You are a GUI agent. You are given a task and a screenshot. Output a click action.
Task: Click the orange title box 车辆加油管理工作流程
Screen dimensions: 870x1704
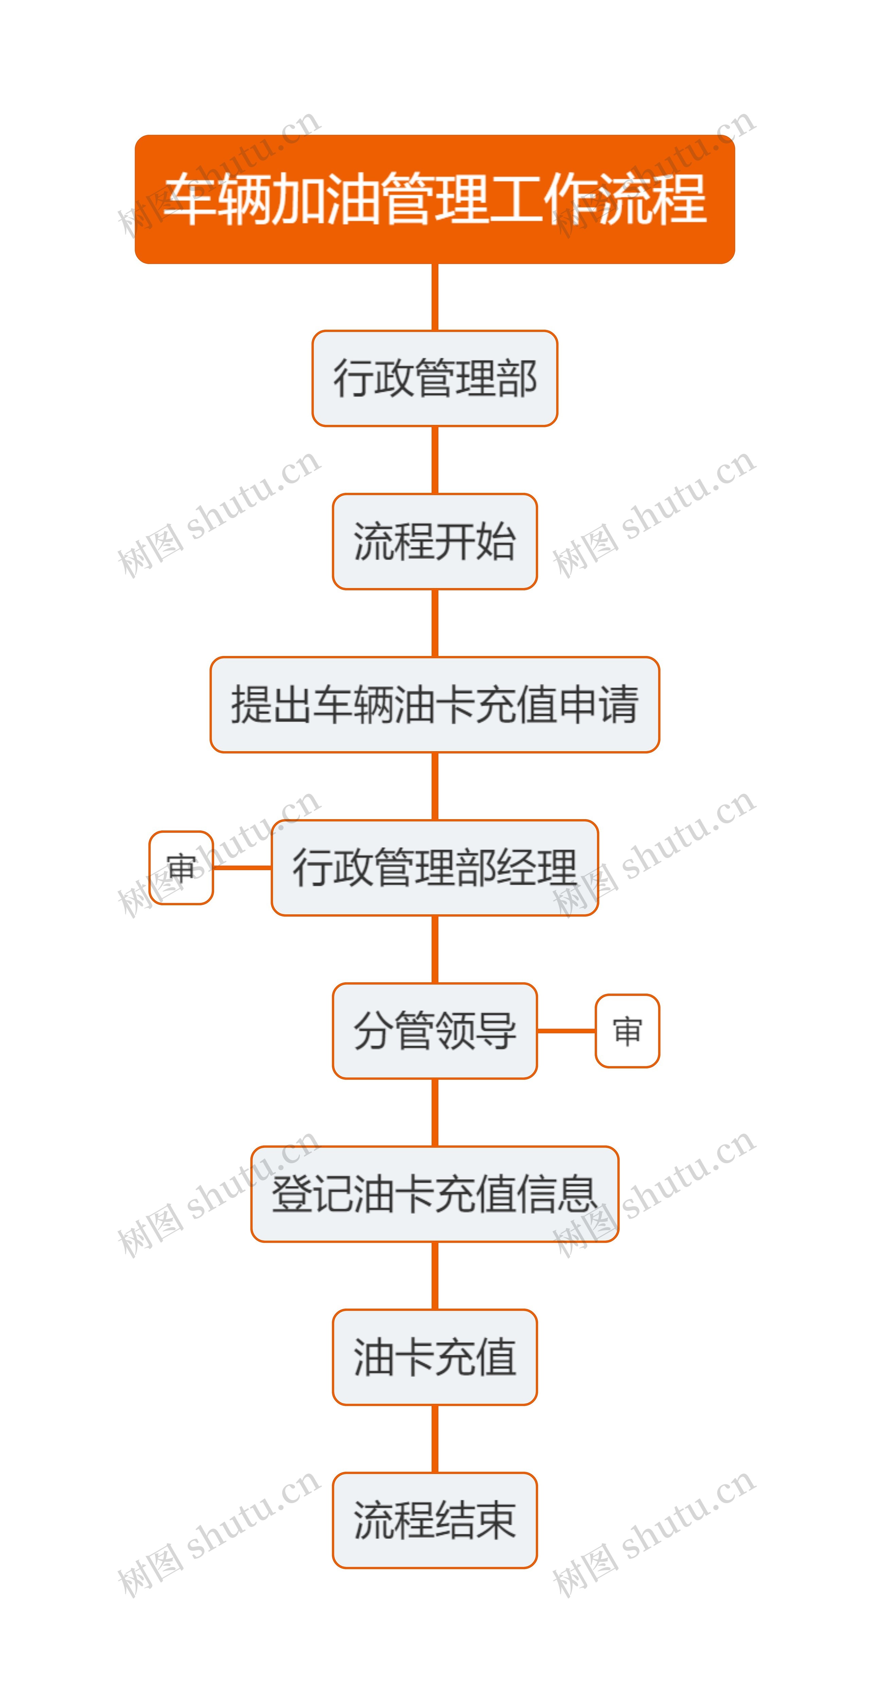435,199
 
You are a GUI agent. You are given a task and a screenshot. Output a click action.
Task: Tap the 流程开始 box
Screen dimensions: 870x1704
435,541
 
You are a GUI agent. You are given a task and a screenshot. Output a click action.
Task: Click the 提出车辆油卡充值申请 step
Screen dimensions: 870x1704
435,705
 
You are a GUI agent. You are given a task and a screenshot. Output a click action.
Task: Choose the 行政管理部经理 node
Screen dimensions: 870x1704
435,867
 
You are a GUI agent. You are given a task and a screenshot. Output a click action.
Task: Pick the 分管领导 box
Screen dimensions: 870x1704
435,1031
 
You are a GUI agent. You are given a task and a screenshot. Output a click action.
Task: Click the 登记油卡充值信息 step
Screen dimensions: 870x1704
435,1194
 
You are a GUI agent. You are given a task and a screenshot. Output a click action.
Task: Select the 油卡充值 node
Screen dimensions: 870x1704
435,1357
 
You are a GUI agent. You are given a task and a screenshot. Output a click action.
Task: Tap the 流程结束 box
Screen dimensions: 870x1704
435,1520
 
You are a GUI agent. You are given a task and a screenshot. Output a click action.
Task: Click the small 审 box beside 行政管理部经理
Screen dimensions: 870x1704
180,867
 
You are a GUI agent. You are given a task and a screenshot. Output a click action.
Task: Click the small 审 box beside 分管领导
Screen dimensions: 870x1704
627,1031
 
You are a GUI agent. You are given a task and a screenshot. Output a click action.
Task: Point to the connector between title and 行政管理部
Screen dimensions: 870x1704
435,297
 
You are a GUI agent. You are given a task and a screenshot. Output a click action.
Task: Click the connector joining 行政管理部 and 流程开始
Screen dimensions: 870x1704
435,460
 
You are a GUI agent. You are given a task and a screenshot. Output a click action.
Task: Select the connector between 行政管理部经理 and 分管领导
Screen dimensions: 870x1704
435,949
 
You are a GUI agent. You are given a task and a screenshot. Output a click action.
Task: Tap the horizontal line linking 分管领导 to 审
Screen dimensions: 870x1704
566,1031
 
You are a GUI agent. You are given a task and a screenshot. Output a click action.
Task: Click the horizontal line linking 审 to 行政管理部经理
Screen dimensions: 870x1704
242,867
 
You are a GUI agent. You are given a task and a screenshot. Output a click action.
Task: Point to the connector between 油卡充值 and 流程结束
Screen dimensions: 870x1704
435,1439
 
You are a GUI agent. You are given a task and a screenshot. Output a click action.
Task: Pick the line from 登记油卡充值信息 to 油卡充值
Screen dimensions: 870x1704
435,1275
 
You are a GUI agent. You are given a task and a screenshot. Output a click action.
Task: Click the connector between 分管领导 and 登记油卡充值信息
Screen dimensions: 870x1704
435,1112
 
